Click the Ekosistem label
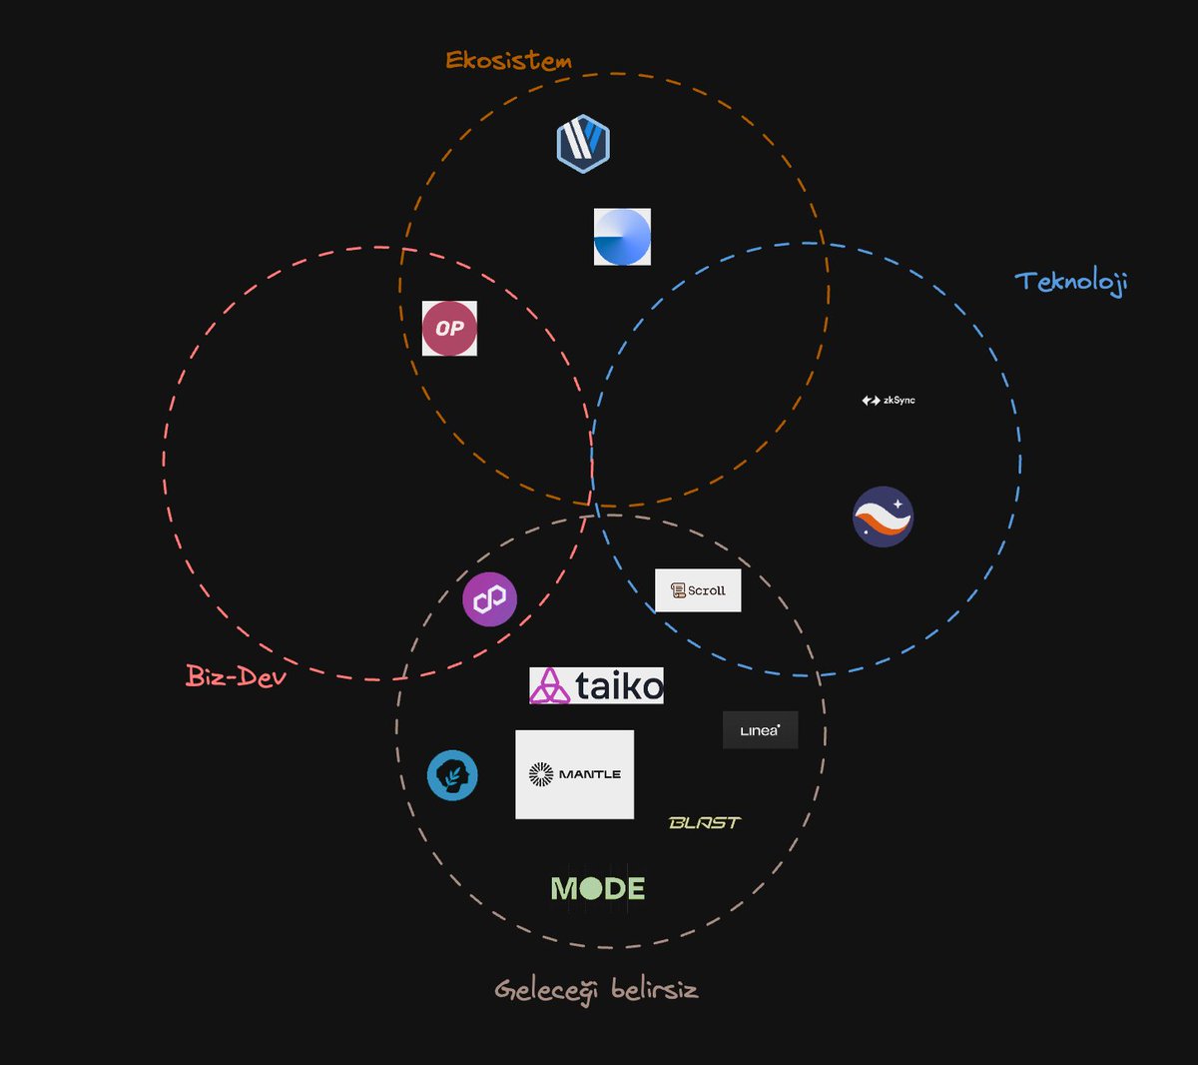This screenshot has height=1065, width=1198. point(508,60)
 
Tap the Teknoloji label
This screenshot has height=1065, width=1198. point(1071,282)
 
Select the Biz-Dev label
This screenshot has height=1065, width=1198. point(237,676)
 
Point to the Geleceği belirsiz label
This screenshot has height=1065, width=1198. point(596,990)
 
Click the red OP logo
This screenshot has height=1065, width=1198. point(449,328)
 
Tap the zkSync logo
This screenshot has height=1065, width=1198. point(889,401)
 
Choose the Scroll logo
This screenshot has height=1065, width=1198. point(698,590)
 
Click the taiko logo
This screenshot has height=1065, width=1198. point(596,685)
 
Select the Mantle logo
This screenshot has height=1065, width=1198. point(574,774)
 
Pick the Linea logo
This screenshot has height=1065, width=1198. point(760,730)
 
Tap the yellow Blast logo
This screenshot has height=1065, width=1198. point(705,823)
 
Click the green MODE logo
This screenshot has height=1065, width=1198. point(598,888)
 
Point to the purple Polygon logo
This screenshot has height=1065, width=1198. point(489,599)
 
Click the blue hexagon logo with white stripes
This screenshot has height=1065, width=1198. point(583,143)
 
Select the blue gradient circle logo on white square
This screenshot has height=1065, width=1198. point(622,237)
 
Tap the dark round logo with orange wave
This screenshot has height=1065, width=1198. point(883,517)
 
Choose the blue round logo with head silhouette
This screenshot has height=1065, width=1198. point(452,775)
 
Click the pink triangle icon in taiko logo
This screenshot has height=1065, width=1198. point(549,686)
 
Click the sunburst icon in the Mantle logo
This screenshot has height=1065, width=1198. point(541,774)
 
